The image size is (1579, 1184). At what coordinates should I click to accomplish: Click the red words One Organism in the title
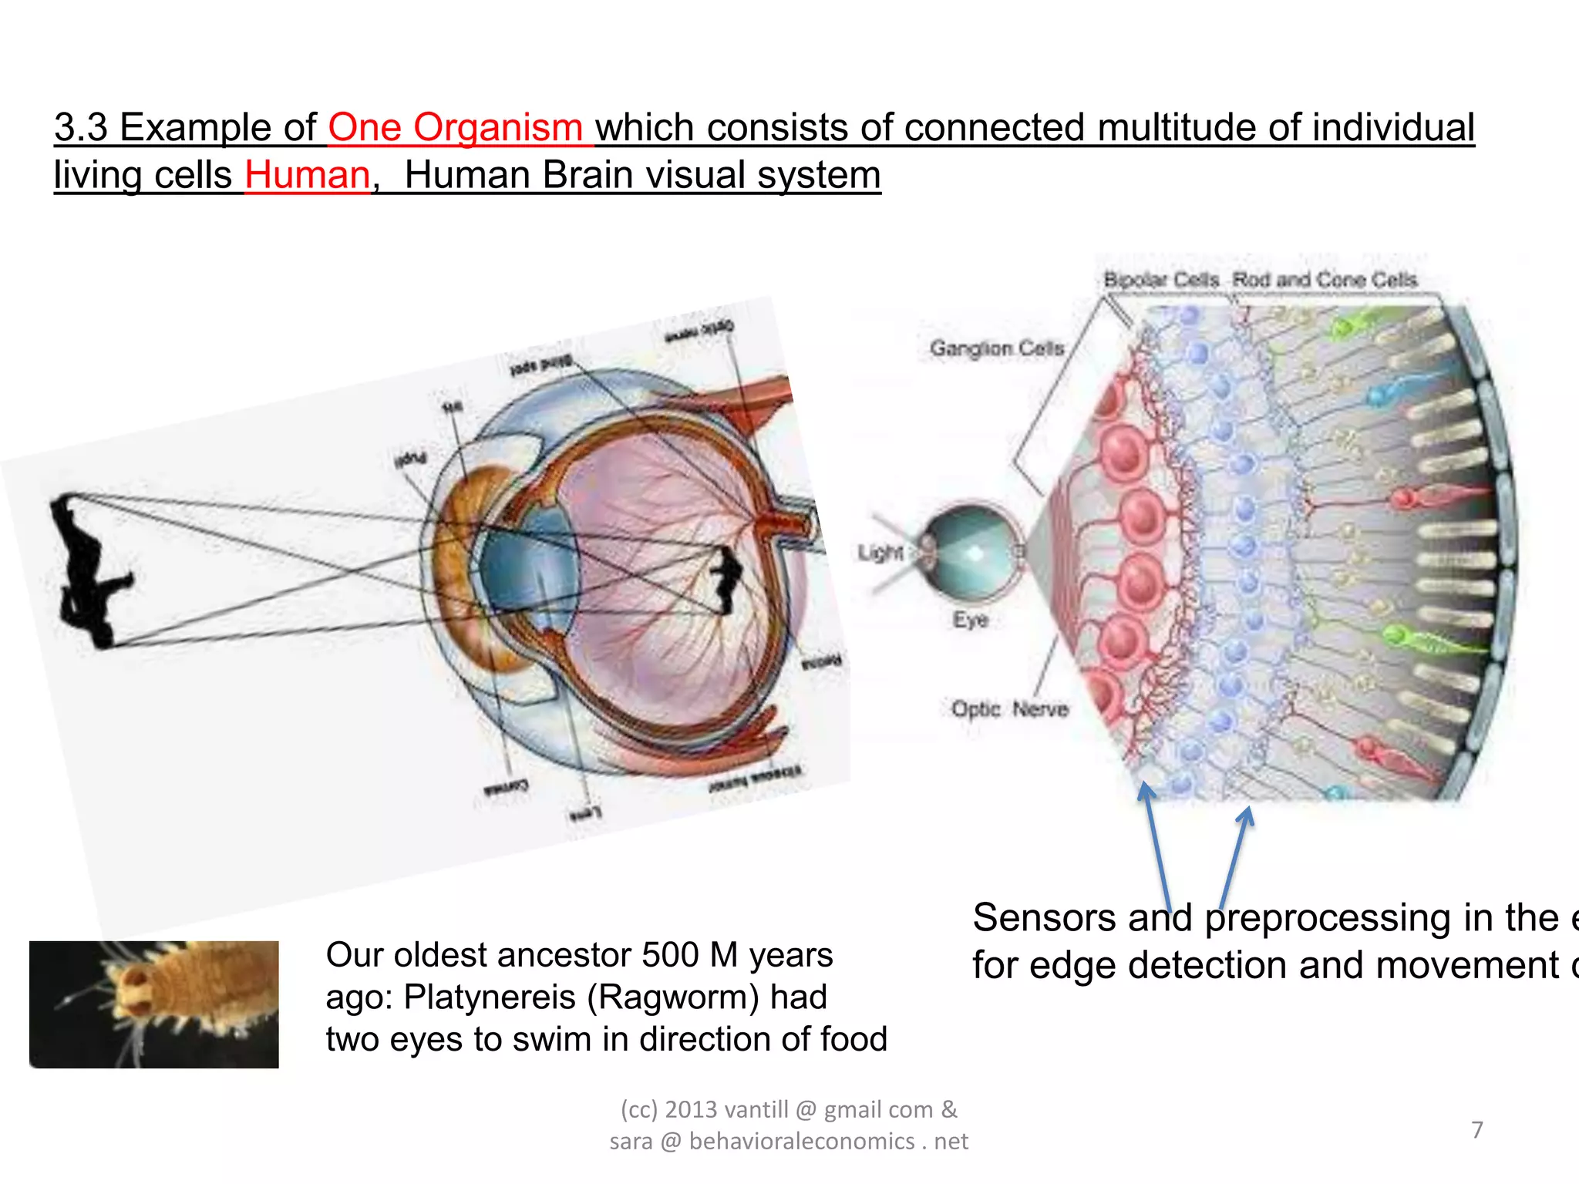tap(455, 128)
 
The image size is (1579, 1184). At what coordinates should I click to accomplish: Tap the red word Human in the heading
tap(308, 176)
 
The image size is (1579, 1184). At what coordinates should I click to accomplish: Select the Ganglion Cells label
tap(996, 348)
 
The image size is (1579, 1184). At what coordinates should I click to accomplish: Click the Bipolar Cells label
tap(1161, 280)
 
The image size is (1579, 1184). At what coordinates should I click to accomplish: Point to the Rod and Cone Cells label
tap(1325, 280)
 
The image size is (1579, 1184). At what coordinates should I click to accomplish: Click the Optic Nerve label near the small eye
tap(1009, 709)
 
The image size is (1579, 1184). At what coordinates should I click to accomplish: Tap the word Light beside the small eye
tap(880, 553)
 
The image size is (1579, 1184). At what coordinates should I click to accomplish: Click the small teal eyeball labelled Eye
tap(972, 553)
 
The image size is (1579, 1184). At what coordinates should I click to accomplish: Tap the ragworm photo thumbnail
tap(154, 1004)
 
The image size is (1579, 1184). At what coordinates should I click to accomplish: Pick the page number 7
tap(1476, 1130)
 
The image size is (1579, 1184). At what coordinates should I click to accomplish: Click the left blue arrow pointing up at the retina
tap(1156, 848)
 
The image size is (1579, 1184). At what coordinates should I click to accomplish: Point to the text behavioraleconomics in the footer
tap(802, 1141)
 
